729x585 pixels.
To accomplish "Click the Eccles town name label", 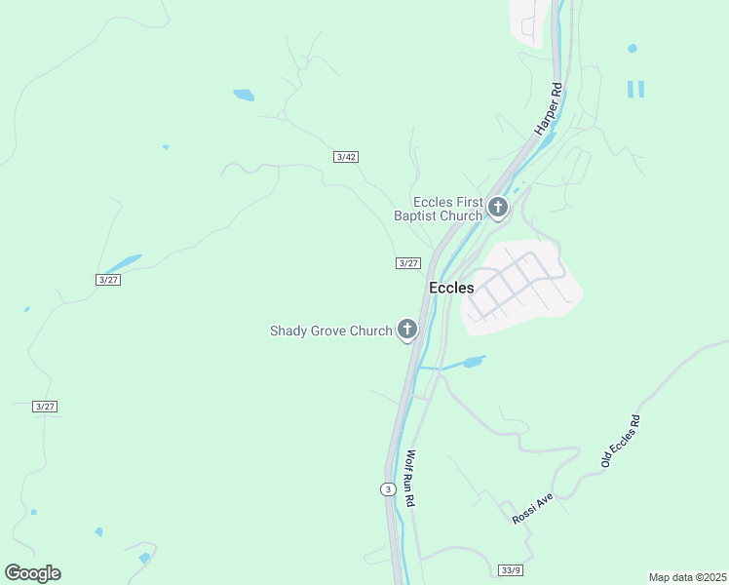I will (x=451, y=288).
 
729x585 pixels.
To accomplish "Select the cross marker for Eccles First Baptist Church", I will (x=498, y=207).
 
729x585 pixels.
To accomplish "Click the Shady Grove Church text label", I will (x=330, y=331).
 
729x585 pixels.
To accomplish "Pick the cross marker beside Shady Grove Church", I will (x=407, y=330).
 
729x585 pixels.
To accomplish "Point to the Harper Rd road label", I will (x=549, y=108).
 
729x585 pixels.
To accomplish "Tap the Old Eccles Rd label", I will (x=621, y=442).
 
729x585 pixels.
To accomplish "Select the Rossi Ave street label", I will (x=532, y=509).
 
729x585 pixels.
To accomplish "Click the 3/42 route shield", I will (x=345, y=157).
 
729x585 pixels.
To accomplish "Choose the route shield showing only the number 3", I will (x=388, y=488).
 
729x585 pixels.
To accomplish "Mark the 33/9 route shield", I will (x=511, y=569).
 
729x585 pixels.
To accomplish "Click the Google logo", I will (x=32, y=573).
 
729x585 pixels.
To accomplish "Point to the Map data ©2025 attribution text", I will (x=687, y=577).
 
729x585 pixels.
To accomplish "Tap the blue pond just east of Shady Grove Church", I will (x=473, y=363).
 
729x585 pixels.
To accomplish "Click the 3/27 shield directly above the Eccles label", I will (x=408, y=263).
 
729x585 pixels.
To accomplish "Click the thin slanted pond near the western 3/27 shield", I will (x=122, y=264).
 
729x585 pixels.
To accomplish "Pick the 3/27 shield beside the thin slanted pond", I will (x=108, y=280).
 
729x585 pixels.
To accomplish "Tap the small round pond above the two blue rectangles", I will (x=633, y=48).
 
